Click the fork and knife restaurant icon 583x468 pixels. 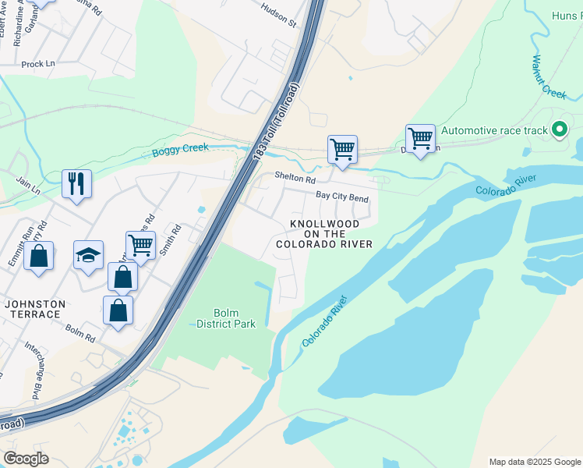(x=76, y=184)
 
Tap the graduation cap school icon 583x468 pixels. (x=88, y=254)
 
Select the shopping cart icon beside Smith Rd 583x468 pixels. (x=140, y=245)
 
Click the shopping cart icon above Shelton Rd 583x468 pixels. (x=342, y=148)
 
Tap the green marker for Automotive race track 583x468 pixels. (x=559, y=130)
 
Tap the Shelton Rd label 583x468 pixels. (x=294, y=177)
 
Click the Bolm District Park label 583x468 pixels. (x=225, y=318)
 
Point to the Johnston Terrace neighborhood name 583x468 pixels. (x=32, y=309)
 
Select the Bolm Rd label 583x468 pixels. (x=79, y=332)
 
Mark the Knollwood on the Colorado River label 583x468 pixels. (x=323, y=234)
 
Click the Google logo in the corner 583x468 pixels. (x=26, y=459)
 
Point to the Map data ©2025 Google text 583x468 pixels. (x=534, y=462)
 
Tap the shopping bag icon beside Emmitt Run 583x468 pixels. (x=38, y=256)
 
